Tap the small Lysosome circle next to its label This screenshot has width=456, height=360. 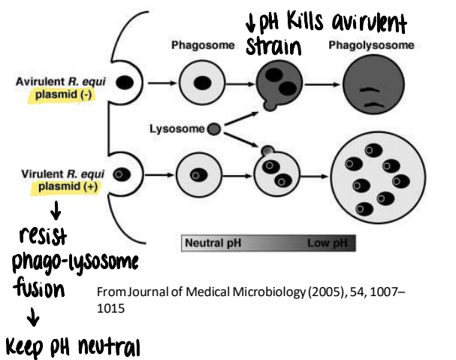(x=214, y=129)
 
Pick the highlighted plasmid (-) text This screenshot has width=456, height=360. (x=65, y=95)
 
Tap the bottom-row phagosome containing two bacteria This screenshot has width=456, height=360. (x=277, y=176)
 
